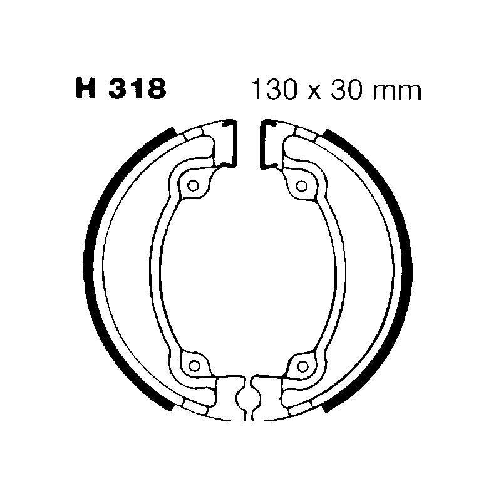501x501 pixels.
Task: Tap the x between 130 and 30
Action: pyautogui.click(x=313, y=92)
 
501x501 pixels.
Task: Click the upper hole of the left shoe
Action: pyautogui.click(x=194, y=185)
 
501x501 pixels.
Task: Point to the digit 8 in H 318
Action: pyautogui.click(x=155, y=90)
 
